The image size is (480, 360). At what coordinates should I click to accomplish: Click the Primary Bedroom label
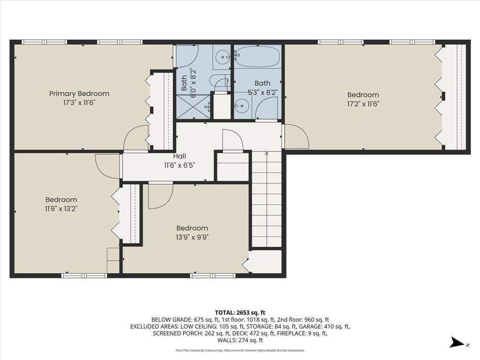point(79,94)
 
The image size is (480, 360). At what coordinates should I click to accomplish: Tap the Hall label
point(180,156)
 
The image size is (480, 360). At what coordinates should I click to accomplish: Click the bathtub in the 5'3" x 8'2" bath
point(257,57)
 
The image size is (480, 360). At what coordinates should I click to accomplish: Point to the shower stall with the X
point(193,107)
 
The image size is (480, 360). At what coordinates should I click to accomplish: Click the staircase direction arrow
point(267,154)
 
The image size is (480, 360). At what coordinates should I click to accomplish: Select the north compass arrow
point(457,343)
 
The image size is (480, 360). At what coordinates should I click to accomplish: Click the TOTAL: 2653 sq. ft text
point(240,312)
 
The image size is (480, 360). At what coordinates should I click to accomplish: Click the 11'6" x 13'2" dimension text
point(61,209)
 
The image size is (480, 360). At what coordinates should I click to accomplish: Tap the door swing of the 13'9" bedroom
point(159,196)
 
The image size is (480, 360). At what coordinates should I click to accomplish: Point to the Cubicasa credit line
point(240,350)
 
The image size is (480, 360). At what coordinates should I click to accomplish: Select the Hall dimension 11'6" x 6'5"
point(180,165)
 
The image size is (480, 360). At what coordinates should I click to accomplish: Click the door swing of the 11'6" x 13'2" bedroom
point(107,166)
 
